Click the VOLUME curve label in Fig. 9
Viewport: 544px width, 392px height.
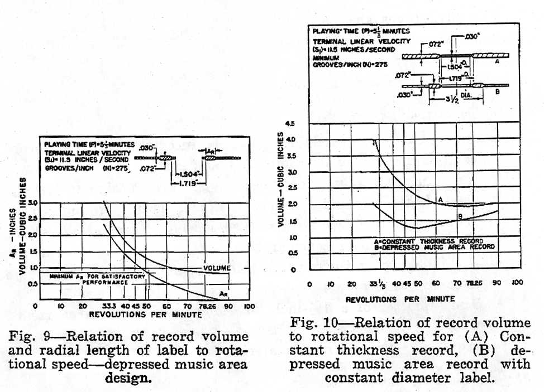(216, 268)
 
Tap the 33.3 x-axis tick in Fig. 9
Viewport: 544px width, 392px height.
(108, 307)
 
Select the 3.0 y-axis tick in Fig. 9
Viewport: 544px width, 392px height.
(33, 203)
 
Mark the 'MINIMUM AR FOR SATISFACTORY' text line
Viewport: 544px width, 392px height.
(97, 276)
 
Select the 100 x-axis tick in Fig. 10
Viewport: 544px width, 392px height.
(517, 283)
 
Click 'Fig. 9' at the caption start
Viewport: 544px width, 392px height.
(25, 337)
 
